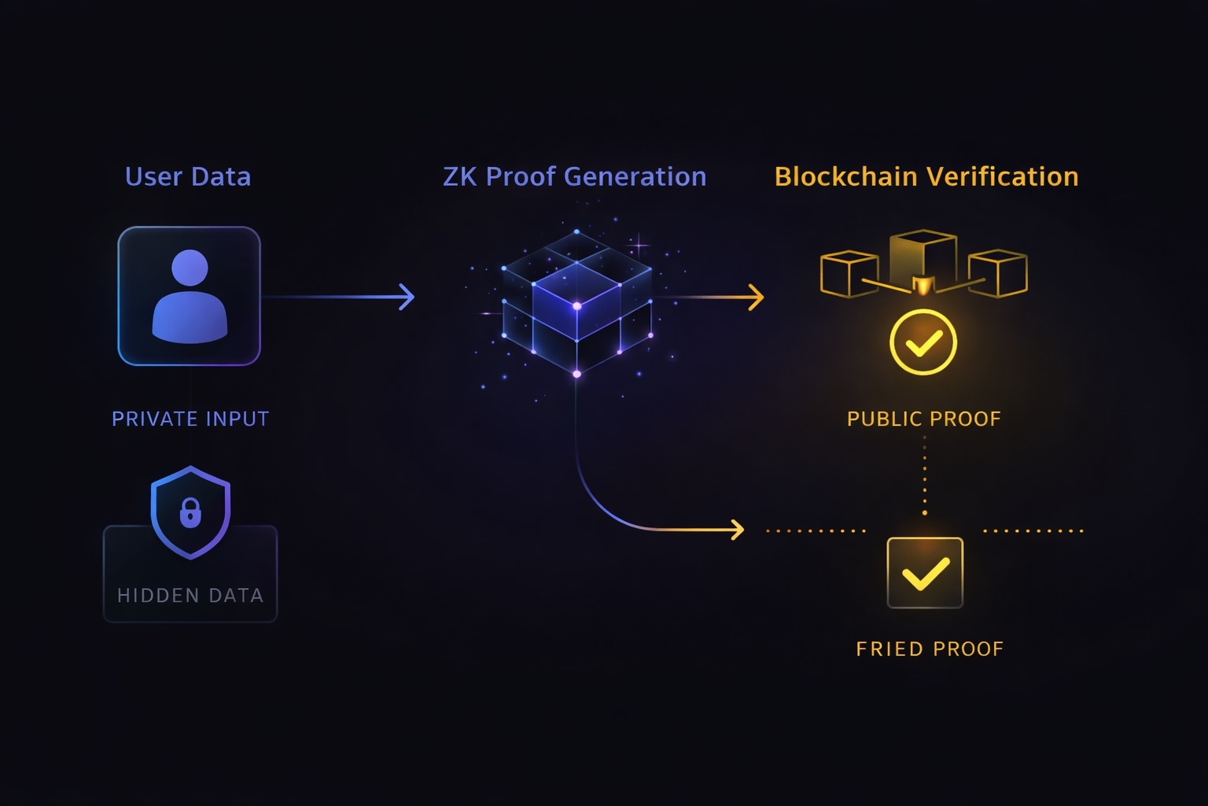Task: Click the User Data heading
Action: click(x=188, y=177)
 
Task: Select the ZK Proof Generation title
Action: click(x=574, y=177)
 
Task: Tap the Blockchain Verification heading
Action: click(x=926, y=177)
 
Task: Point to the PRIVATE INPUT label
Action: click(x=190, y=419)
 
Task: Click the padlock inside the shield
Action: click(x=190, y=513)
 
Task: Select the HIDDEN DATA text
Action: click(x=190, y=596)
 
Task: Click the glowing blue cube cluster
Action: click(x=577, y=303)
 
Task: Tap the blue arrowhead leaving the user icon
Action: click(x=407, y=297)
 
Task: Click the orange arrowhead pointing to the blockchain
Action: click(x=757, y=297)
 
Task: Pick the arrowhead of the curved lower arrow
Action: click(x=738, y=530)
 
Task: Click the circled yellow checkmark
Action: click(x=923, y=342)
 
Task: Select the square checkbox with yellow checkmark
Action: click(x=925, y=573)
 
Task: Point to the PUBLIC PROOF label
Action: click(x=923, y=419)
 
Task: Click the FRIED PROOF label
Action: click(x=930, y=649)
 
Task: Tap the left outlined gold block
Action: click(x=849, y=274)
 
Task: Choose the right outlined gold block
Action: click(x=998, y=273)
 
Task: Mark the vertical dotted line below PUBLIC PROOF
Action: click(x=924, y=476)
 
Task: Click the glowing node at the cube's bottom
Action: click(x=576, y=374)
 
